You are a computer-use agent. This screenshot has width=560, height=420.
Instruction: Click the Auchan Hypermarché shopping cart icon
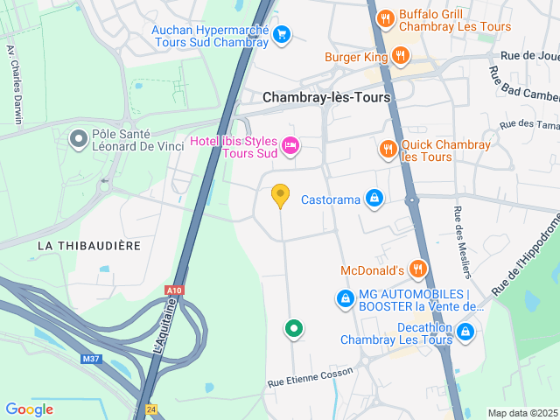(282, 34)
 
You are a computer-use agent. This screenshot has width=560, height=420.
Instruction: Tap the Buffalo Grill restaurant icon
(384, 18)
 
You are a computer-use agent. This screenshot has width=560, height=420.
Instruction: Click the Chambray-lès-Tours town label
(326, 98)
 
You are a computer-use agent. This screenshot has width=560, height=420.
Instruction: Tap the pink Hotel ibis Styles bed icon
(290, 145)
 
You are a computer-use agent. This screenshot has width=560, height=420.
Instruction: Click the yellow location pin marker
(280, 195)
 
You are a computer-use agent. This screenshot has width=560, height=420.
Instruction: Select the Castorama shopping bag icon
(374, 199)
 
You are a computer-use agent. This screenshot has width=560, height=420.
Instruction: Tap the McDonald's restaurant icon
(419, 269)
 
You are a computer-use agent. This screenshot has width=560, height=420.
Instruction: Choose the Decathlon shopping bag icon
(465, 332)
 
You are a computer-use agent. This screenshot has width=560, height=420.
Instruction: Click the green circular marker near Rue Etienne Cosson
(294, 329)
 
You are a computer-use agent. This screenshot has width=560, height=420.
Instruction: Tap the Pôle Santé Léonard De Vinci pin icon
(79, 138)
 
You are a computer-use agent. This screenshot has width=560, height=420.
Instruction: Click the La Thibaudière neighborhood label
(89, 246)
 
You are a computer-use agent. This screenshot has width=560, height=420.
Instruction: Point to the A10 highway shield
(174, 290)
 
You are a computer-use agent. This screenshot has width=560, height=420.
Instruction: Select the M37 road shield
(90, 359)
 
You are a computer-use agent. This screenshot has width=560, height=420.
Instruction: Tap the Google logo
(29, 409)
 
